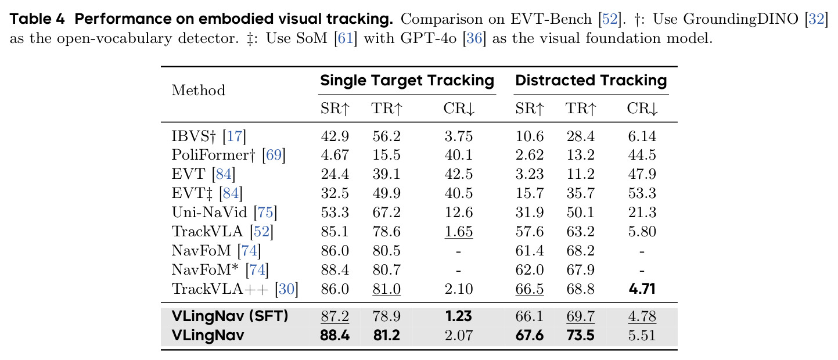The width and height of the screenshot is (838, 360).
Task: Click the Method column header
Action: [x=198, y=90]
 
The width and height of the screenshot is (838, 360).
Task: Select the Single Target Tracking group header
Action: [x=407, y=81]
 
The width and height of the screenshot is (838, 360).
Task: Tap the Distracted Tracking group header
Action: [x=591, y=81]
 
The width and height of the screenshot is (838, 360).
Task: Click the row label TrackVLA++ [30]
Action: [x=235, y=289]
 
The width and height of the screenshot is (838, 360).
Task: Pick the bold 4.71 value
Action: [x=642, y=289]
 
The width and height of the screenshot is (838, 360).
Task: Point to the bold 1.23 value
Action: [x=459, y=316]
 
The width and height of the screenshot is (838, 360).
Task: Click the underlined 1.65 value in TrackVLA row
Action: [x=459, y=231]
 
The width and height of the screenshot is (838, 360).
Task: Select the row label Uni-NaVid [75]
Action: [x=225, y=212]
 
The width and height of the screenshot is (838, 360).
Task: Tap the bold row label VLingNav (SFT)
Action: [x=230, y=316]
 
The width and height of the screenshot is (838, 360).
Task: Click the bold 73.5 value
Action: [x=580, y=335]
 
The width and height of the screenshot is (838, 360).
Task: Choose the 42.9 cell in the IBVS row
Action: [x=335, y=136]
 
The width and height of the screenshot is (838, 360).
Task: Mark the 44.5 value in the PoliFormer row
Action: [x=642, y=154]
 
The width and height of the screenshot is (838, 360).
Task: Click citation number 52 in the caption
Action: [x=610, y=19]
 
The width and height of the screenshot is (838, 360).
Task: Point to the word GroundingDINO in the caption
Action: [x=741, y=19]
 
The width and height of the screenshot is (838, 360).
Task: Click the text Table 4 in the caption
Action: [x=37, y=19]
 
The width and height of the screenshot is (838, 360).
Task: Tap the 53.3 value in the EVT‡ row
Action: [x=642, y=193]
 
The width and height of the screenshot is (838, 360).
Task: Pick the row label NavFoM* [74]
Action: [x=220, y=270]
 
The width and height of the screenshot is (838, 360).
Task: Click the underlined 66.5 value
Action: [x=530, y=289]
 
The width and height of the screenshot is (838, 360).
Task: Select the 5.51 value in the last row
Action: [x=642, y=335]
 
